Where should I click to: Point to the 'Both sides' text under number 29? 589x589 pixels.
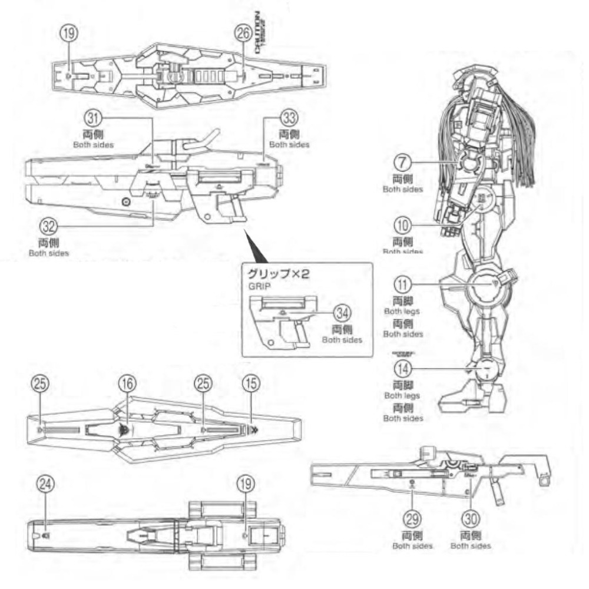[x=412, y=546]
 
